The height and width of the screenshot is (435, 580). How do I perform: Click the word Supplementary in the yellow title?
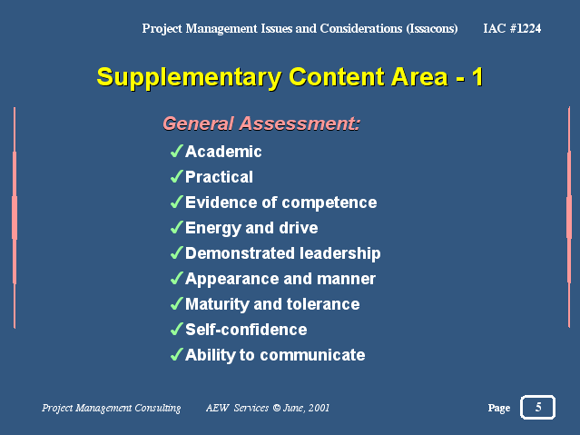pos(189,78)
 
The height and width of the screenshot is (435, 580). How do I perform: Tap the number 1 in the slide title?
pos(477,76)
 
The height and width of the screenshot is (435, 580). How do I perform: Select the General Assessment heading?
pos(261,124)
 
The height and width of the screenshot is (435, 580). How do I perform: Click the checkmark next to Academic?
pos(176,151)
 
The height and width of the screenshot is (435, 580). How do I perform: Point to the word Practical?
pos(219,177)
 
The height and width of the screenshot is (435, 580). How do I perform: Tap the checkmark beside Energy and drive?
pos(176,227)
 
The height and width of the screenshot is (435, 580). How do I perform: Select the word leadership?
pos(340,253)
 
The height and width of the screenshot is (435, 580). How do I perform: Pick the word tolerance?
pos(323,304)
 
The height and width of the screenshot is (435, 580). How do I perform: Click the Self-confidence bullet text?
pos(246,330)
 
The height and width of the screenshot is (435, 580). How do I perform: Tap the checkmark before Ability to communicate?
pos(176,354)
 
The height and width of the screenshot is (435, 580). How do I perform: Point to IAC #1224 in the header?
pos(512,28)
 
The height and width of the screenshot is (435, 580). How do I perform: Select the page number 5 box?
pos(538,407)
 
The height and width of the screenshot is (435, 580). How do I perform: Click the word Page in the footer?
pos(499,408)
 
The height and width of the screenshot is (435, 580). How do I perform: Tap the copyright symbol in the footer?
pos(276,408)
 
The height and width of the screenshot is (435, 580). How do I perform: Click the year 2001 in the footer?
pos(319,408)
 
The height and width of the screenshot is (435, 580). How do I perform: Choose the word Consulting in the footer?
pos(158,408)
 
